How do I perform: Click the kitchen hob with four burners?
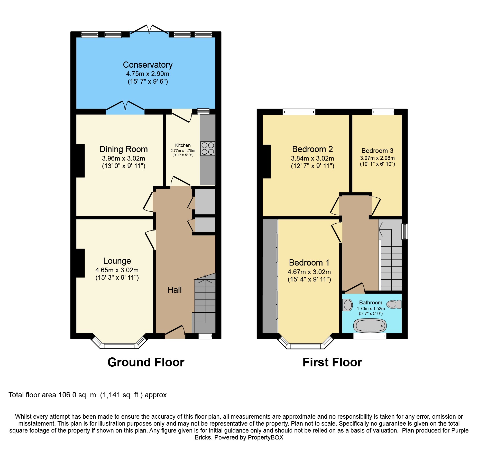208,148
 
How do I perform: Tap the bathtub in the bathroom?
370,325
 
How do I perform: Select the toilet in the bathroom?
394,304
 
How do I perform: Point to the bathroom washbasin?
347,305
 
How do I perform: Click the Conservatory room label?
148,65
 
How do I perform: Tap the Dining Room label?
124,149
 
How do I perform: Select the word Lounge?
117,261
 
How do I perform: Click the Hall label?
174,290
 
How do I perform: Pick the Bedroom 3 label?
377,151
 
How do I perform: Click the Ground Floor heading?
146,362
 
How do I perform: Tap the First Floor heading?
332,362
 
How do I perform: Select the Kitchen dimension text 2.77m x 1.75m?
183,151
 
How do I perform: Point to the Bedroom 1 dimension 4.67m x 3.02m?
309,272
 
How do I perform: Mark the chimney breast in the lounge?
80,263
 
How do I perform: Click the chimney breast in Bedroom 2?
267,162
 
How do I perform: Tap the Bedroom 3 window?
383,112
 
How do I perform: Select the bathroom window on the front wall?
370,336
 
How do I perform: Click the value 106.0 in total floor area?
67,395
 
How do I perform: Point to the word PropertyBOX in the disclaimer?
265,437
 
